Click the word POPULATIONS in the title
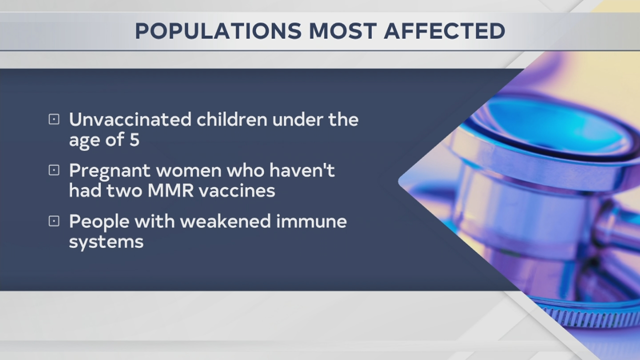pyautogui.click(x=218, y=31)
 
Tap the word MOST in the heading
pyautogui.click(x=342, y=31)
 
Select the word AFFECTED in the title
pyautogui.click(x=444, y=31)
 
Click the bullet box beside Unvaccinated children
pyautogui.click(x=54, y=119)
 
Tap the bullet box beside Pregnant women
pyautogui.click(x=54, y=170)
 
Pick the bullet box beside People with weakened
pyautogui.click(x=54, y=221)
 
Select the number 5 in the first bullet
pyautogui.click(x=134, y=140)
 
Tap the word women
pyautogui.click(x=188, y=171)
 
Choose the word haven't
pyautogui.click(x=302, y=170)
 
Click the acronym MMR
pyautogui.click(x=176, y=191)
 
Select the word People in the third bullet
pyautogui.click(x=98, y=221)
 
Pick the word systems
pyautogui.click(x=106, y=242)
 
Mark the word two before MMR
pyautogui.click(x=128, y=191)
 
